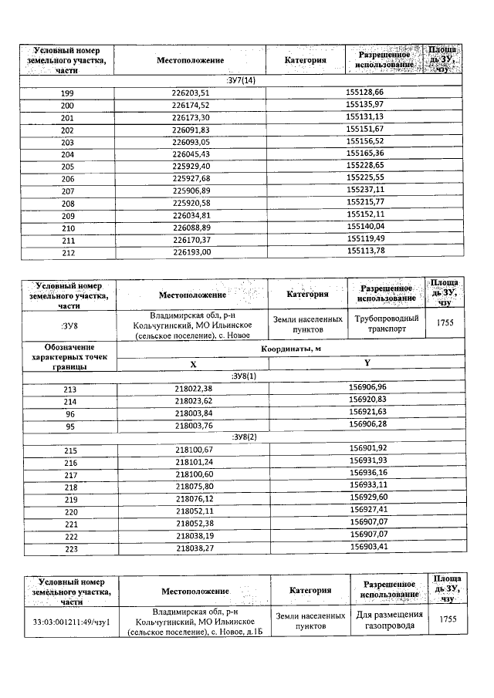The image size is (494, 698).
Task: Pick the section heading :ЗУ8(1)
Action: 244,376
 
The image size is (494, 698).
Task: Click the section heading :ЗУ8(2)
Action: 244,437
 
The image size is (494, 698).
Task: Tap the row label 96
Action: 69,413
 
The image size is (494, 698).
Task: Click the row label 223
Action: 69,548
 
